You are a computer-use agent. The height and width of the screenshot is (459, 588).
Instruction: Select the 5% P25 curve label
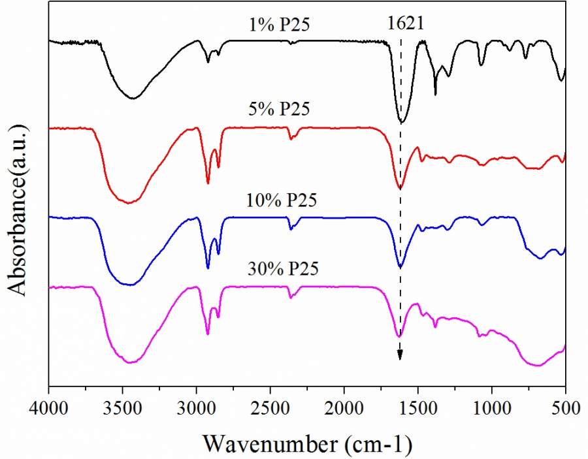[279, 110]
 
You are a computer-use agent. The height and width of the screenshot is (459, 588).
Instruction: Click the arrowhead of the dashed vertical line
[400, 355]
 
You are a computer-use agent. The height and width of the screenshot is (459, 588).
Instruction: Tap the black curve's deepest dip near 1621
[402, 122]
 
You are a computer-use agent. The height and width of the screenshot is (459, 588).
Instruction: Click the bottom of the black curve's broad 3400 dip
[133, 99]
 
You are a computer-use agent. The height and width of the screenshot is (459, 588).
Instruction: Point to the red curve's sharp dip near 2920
[208, 183]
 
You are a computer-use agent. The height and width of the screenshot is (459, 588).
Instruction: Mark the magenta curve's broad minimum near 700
[538, 366]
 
